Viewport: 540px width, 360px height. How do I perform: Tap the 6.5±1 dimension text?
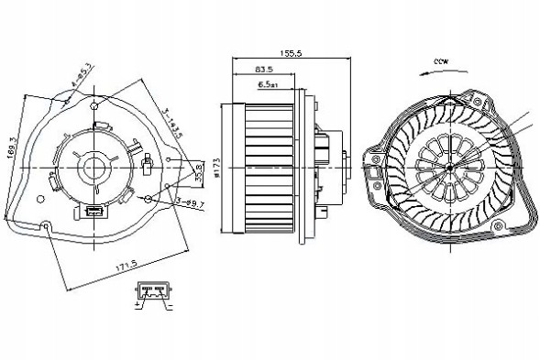pos(269,84)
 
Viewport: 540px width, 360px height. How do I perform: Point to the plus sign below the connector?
pos(138,305)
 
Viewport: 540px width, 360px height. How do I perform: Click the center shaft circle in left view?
pos(94,169)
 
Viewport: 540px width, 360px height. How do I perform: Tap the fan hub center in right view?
pos(453,170)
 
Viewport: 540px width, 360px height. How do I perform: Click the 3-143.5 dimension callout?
pos(173,125)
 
